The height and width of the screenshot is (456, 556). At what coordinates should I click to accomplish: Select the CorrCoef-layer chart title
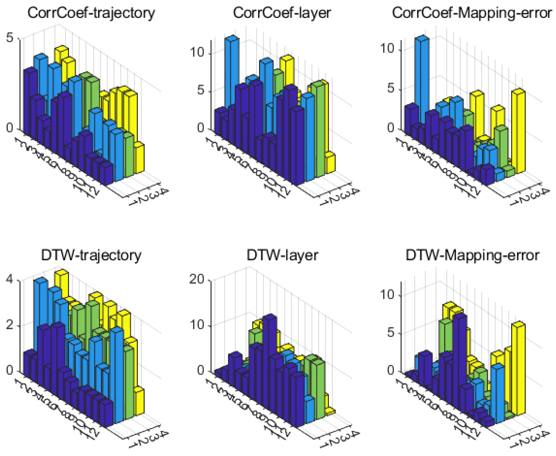click(x=282, y=13)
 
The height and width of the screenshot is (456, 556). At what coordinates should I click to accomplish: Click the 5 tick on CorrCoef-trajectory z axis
click(x=10, y=38)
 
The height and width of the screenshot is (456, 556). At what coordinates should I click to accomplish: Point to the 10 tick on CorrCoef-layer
click(x=197, y=52)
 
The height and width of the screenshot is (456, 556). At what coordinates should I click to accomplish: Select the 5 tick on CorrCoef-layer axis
click(x=201, y=90)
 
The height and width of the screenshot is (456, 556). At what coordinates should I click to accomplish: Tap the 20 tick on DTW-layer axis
click(x=197, y=279)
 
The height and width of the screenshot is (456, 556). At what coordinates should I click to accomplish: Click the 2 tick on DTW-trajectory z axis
click(x=10, y=325)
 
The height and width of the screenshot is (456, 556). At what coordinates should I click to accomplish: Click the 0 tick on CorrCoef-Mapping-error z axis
click(x=391, y=128)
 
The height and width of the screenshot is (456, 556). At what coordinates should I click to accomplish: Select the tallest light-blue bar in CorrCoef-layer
click(x=232, y=71)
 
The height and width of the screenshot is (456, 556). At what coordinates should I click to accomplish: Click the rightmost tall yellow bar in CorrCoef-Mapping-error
click(x=518, y=131)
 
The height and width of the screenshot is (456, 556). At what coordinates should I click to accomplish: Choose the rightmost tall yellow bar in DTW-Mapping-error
click(x=518, y=368)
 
